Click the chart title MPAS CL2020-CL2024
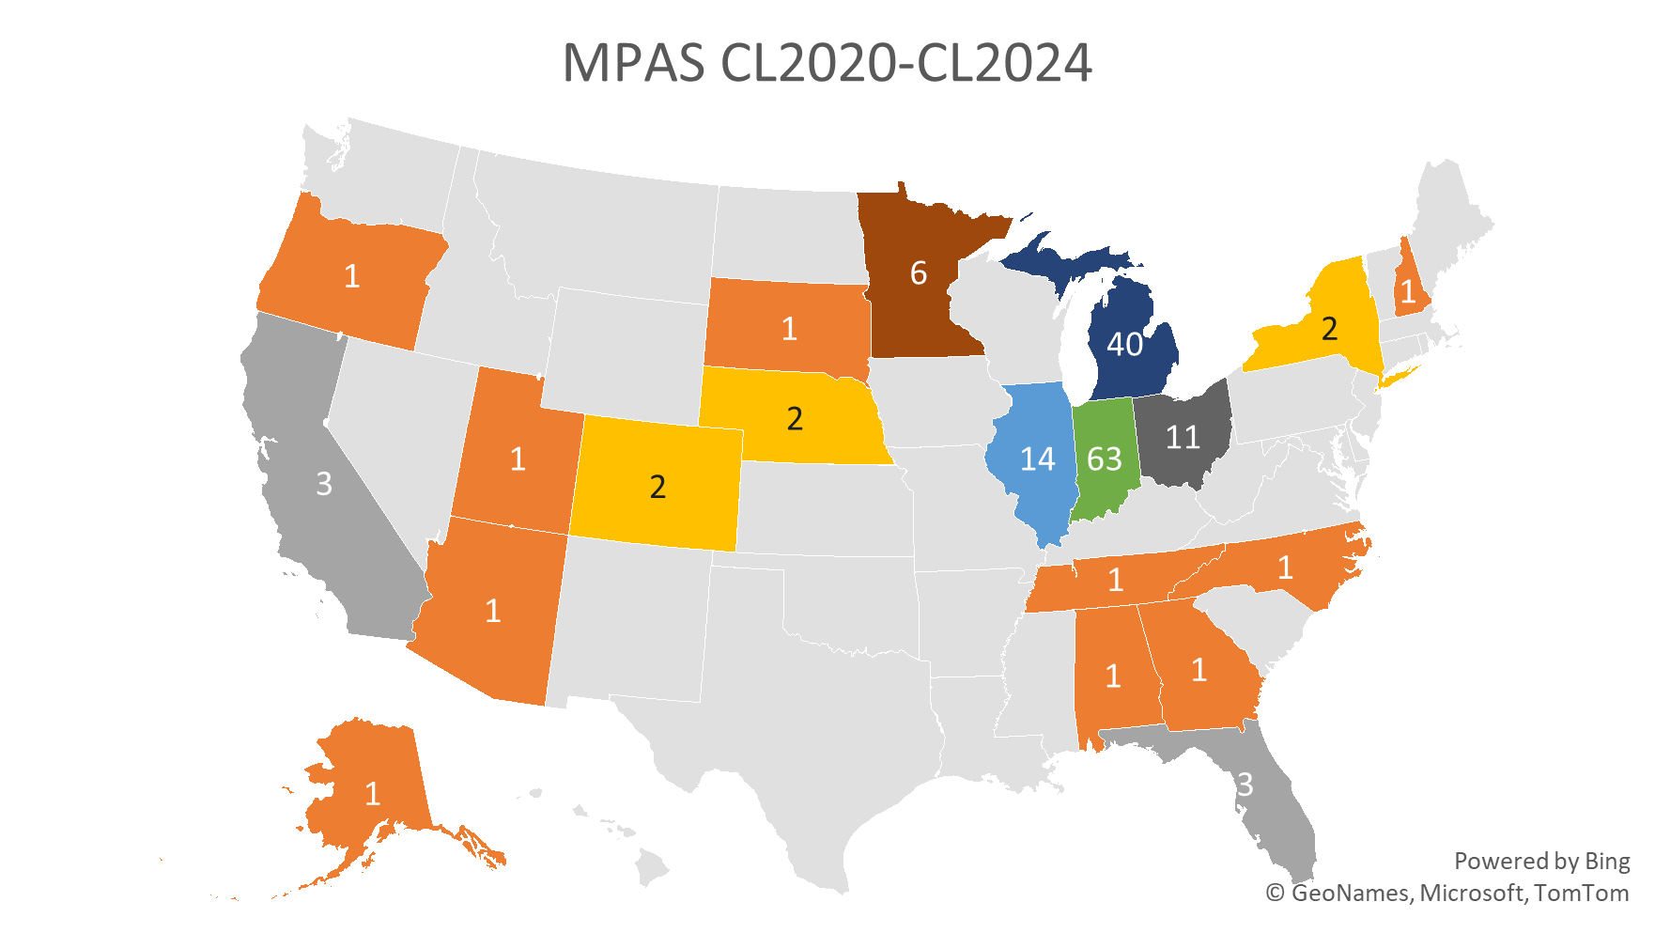827,64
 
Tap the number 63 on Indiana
1105,459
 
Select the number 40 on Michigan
1124,345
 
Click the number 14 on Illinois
1038,459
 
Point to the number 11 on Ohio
1183,437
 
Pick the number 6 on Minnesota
919,273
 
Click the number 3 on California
324,484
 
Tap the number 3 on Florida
1245,784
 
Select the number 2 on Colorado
657,487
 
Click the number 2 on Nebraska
795,418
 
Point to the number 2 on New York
1329,329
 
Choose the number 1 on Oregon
351,276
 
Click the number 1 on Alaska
373,795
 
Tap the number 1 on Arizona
493,612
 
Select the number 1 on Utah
518,459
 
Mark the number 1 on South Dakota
789,329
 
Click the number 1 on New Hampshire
1408,291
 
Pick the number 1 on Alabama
1113,676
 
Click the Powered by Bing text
1541,861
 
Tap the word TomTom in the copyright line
1582,893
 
